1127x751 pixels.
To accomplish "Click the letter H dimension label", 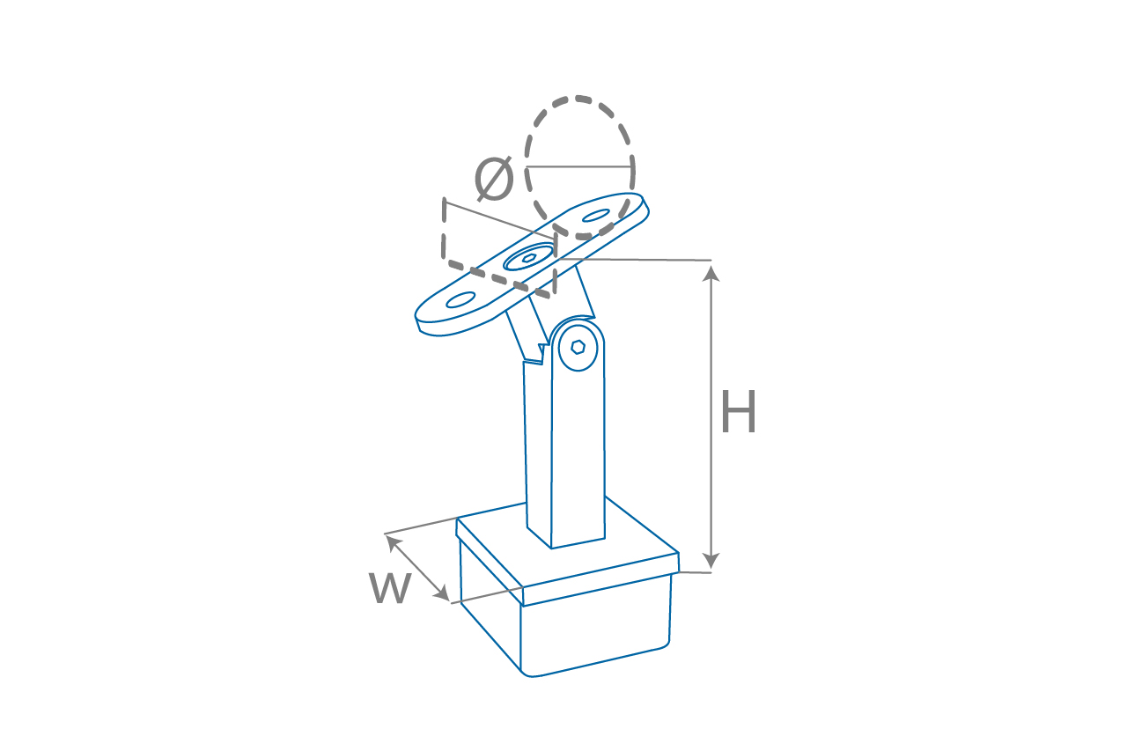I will (738, 413).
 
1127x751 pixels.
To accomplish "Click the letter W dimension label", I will (390, 587).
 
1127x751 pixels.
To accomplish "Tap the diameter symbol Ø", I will (494, 179).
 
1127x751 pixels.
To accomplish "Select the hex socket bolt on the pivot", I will (578, 346).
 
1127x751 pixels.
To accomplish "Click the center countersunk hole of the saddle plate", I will (529, 258).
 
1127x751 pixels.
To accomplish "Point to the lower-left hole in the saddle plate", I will (460, 299).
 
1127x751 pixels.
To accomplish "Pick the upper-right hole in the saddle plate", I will (596, 215).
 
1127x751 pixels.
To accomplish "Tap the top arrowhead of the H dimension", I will (711, 272).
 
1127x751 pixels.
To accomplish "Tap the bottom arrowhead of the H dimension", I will (711, 561).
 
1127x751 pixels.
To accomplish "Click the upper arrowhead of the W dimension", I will (392, 541).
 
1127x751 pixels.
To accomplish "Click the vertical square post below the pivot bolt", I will (578, 458).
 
